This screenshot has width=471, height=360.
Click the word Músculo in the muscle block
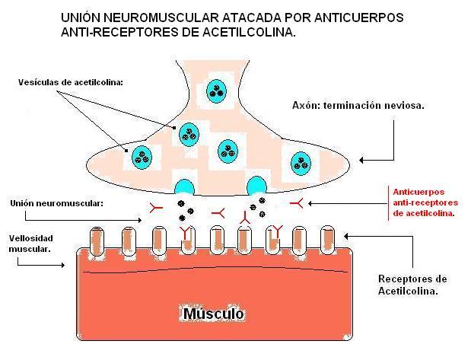pyautogui.click(x=212, y=314)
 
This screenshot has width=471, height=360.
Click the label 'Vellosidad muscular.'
pyautogui.click(x=30, y=244)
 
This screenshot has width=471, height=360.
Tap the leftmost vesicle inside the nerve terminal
pyautogui.click(x=142, y=155)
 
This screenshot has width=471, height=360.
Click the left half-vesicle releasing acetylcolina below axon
pyautogui.click(x=185, y=187)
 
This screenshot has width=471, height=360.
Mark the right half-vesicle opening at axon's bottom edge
pyautogui.click(x=256, y=186)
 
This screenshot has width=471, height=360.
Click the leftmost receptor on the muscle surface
pyautogui.click(x=97, y=239)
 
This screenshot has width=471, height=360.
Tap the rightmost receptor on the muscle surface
pyautogui.click(x=328, y=239)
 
